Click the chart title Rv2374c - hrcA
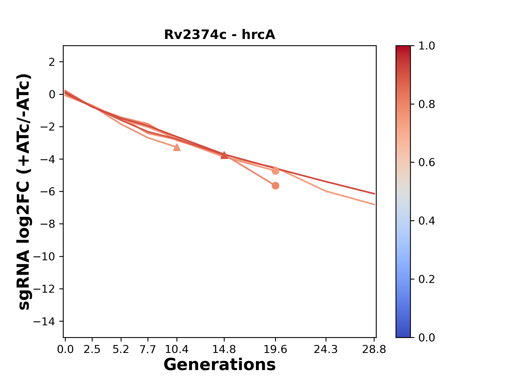pos(219,35)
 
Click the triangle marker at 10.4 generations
pos(177,147)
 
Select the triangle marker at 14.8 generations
pos(224,155)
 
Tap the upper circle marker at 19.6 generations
pos(275,171)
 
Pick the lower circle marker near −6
pos(275,186)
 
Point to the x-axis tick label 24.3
pos(326,350)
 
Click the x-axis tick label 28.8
pos(374,350)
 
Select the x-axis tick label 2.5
pos(92,350)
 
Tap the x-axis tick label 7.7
pos(148,350)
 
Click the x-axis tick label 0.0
pos(65,350)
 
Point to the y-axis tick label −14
pos(44,321)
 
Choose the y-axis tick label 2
pos(52,62)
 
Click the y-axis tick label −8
pos(48,224)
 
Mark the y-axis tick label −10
pos(44,257)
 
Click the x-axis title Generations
pos(219,365)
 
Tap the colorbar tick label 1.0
pos(427,46)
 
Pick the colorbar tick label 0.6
pos(427,163)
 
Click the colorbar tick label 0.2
pos(427,279)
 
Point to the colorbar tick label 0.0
pos(427,338)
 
